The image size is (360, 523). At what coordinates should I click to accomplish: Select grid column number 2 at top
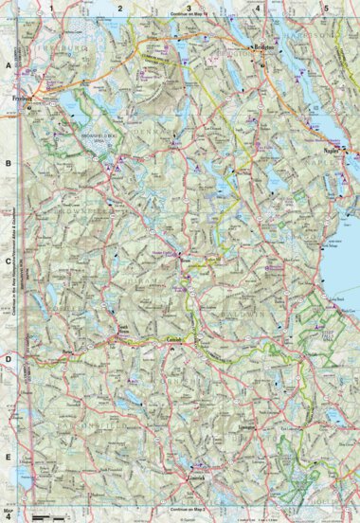click(120, 8)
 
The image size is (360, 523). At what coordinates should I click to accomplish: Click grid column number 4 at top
click(257, 8)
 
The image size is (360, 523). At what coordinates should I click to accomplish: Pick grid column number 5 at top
click(325, 8)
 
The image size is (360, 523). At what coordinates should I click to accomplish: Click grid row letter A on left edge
click(9, 66)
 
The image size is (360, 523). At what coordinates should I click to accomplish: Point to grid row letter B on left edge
click(9, 162)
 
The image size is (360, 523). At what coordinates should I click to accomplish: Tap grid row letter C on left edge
click(9, 261)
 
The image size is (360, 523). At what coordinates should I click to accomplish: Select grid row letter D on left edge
click(9, 358)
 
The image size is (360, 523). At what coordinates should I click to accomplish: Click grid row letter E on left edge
click(9, 455)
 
